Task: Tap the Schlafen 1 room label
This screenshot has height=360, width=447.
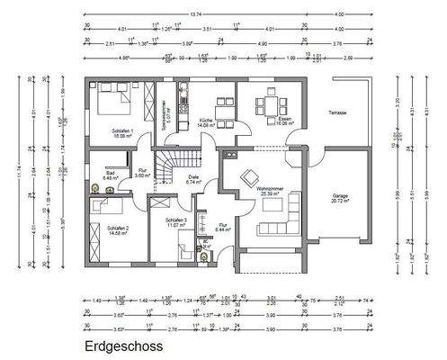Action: (x=123, y=133)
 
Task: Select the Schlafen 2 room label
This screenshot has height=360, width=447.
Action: (x=119, y=229)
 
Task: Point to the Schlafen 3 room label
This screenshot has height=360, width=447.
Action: (x=176, y=222)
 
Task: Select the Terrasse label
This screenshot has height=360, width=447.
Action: (x=337, y=112)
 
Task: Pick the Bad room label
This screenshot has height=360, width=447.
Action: (x=110, y=175)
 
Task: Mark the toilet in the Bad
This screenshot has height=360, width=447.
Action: (x=95, y=188)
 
